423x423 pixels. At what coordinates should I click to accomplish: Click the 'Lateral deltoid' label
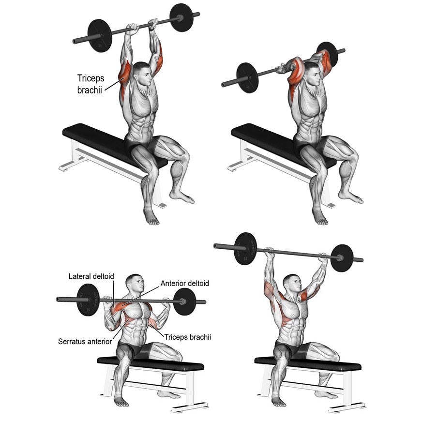coord(91,276)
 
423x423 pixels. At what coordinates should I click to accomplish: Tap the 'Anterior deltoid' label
coord(185,283)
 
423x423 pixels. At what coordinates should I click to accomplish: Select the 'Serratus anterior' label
coord(85,342)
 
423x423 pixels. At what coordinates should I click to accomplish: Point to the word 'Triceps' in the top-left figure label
coord(91,78)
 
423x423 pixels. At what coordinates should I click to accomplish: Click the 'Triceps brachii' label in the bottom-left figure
coord(188,337)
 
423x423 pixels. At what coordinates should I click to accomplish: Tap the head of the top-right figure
coord(312,74)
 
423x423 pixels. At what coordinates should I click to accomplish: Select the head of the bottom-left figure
coord(136,283)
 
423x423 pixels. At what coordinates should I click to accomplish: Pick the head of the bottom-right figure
coord(292,283)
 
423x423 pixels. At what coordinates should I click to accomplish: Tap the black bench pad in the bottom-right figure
coord(308,363)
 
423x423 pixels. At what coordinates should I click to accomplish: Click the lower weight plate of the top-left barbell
coord(100,36)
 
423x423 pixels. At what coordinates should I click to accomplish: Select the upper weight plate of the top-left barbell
coord(181,17)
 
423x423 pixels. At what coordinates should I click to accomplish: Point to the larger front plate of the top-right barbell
coord(247,78)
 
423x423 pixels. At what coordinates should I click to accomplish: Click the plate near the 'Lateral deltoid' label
coord(88,300)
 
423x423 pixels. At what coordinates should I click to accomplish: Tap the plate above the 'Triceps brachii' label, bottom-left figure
coord(184,302)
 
